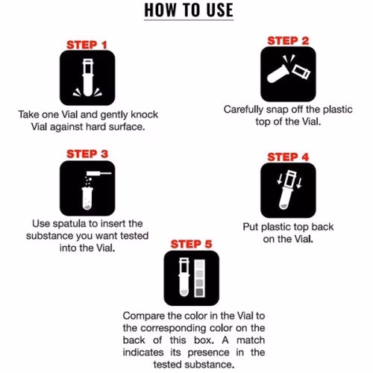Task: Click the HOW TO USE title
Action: [x=189, y=10]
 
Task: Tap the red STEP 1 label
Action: [x=87, y=45]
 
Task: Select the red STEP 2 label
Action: [x=288, y=41]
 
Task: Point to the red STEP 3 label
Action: [x=87, y=154]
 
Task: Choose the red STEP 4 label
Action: [x=288, y=157]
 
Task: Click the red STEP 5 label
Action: [x=191, y=244]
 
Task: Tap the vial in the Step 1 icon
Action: [x=88, y=77]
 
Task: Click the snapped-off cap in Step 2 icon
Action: [x=301, y=72]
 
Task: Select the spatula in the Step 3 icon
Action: [x=98, y=174]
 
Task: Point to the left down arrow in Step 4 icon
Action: [x=280, y=179]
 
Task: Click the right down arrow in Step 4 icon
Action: [x=299, y=183]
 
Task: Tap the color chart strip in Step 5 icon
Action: [x=200, y=278]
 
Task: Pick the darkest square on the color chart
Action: [x=200, y=292]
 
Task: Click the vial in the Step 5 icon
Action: [x=184, y=277]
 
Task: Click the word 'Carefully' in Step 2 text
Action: [x=243, y=110]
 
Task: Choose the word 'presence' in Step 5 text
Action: [x=208, y=353]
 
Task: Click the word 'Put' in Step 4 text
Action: [x=251, y=227]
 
